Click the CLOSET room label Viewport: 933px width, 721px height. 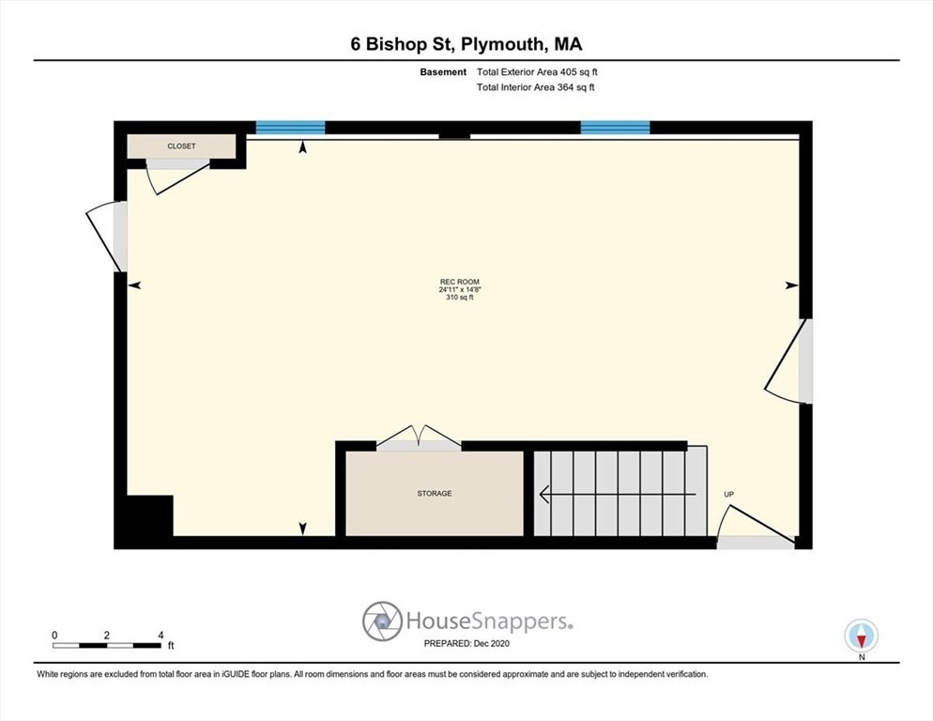click(x=181, y=146)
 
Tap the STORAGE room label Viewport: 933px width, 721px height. click(x=435, y=493)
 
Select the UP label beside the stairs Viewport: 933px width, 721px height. click(x=728, y=494)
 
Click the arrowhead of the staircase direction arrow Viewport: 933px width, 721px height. click(x=543, y=493)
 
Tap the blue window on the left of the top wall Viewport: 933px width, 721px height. click(x=291, y=128)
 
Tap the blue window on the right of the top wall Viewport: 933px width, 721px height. click(x=615, y=128)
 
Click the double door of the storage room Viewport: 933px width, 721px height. click(x=420, y=438)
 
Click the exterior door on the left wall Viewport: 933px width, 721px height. click(x=106, y=235)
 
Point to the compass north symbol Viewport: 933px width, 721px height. click(x=861, y=637)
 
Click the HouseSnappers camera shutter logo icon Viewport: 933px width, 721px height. click(x=382, y=621)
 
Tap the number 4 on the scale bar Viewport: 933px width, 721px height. click(x=161, y=636)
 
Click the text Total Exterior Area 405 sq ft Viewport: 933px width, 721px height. click(x=535, y=71)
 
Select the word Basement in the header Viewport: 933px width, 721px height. click(x=443, y=71)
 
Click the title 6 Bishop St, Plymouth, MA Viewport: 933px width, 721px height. click(x=466, y=43)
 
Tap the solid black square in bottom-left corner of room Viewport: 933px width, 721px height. click(x=150, y=516)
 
